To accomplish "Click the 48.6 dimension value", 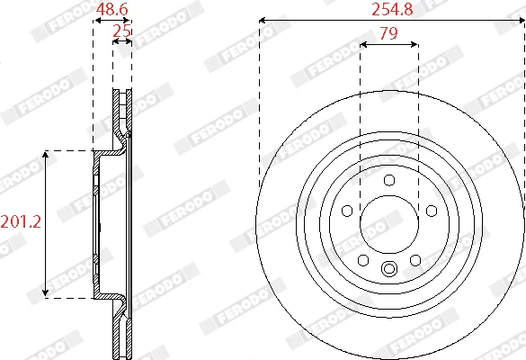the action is (x=111, y=9).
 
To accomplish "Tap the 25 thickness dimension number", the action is (x=121, y=31).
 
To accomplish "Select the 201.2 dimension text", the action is (x=21, y=221).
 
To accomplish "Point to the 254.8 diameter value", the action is (x=392, y=9).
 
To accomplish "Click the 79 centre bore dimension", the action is (x=388, y=33).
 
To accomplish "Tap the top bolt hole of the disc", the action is (x=389, y=180).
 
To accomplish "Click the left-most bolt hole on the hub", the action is (x=347, y=211).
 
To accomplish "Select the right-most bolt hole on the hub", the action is (x=432, y=211).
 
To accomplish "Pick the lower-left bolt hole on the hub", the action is (x=363, y=260).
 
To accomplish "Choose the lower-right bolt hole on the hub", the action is (x=415, y=260).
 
